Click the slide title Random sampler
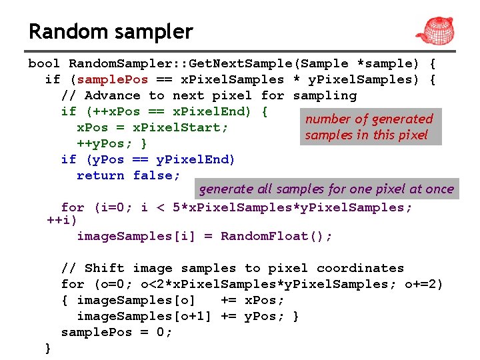point(111,31)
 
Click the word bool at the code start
point(44,64)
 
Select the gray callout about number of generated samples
point(369,127)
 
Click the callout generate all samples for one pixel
point(326,189)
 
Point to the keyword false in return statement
point(156,175)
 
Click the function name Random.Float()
point(276,236)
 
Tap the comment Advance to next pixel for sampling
point(209,95)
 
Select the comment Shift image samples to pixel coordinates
point(232,268)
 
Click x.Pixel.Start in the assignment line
point(180,127)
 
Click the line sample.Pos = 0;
point(117,332)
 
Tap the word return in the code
point(100,175)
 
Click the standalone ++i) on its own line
point(62,220)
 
